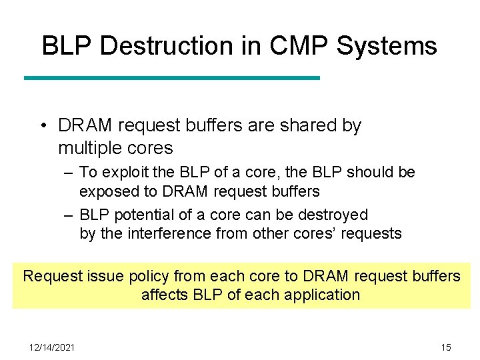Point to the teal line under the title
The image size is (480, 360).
pyautogui.click(x=172, y=78)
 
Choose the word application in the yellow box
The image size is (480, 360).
pyautogui.click(x=319, y=295)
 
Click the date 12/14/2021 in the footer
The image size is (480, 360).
pyautogui.click(x=52, y=347)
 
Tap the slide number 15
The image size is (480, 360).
pyautogui.click(x=446, y=347)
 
